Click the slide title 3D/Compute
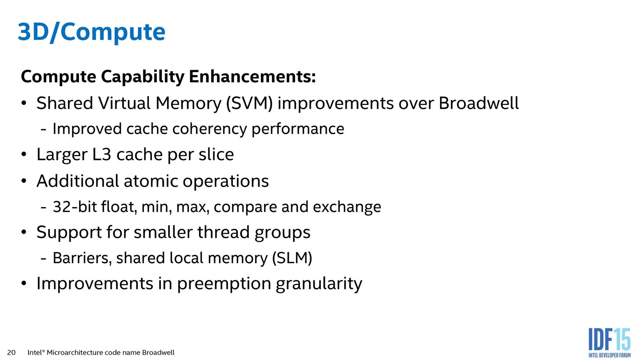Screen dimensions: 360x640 (91, 32)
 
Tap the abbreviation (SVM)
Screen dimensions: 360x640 (249, 104)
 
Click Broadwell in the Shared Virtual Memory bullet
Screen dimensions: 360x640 (479, 104)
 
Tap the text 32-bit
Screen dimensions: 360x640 (68, 207)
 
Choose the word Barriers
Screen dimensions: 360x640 (82, 258)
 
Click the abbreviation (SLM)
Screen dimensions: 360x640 (292, 258)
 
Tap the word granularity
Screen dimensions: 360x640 (319, 284)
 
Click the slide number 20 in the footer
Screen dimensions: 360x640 (12, 352)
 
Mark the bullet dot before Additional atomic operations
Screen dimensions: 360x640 (24, 182)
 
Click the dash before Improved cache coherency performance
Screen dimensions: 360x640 (44, 130)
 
